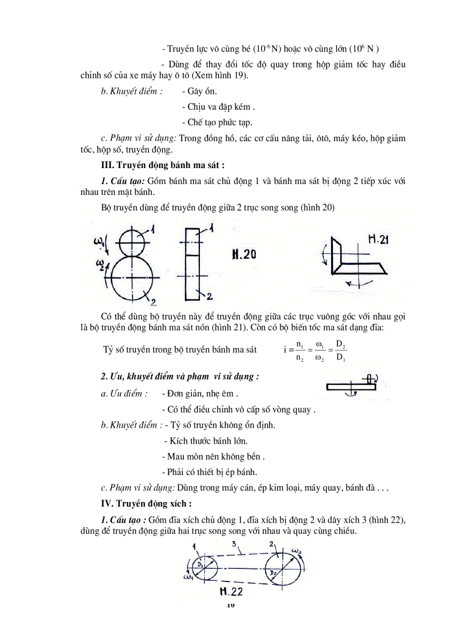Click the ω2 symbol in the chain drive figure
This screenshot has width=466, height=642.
[299, 550]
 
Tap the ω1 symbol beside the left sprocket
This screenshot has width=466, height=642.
[188, 577]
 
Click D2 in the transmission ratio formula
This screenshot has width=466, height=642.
[341, 345]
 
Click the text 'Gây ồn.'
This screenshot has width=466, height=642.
[199, 91]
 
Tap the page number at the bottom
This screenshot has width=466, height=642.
[231, 605]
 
